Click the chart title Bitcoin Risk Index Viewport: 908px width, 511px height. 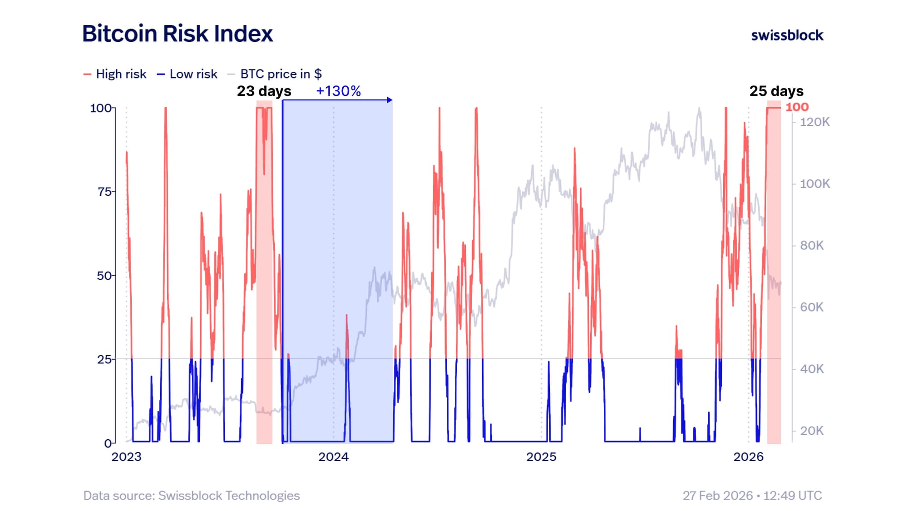[x=178, y=34]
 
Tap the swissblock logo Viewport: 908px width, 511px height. [x=787, y=35]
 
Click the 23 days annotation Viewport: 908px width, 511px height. [x=264, y=91]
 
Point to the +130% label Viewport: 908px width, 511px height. [x=338, y=91]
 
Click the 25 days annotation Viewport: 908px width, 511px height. [x=776, y=91]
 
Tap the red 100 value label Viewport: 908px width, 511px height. [x=797, y=107]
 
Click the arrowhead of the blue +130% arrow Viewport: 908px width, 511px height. [x=390, y=100]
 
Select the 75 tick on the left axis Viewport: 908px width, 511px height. [x=105, y=192]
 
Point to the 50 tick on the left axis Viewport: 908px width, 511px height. [x=104, y=276]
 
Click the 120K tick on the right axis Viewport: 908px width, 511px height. [x=814, y=122]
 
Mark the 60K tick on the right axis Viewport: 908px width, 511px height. [x=812, y=308]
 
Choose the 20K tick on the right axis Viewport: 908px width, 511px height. [x=812, y=431]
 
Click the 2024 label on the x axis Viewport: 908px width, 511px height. [x=333, y=457]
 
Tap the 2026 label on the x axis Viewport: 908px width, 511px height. [x=748, y=457]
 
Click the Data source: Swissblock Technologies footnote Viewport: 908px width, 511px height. [x=191, y=496]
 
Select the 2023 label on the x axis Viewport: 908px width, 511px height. [x=126, y=457]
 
